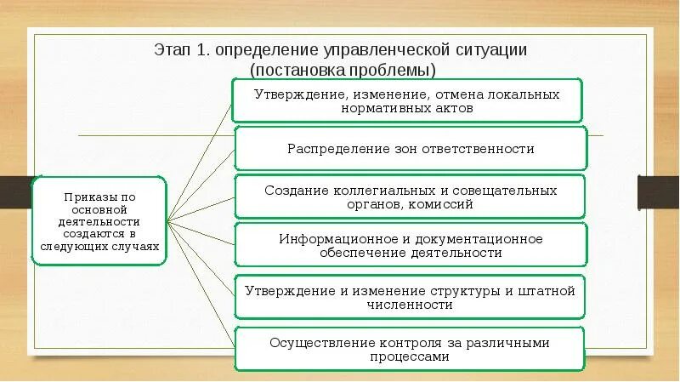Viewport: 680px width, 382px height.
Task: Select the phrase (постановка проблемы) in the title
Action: pyautogui.click(x=342, y=69)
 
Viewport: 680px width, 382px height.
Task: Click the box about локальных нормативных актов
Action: pyautogui.click(x=407, y=101)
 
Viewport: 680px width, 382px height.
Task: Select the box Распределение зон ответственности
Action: pyautogui.click(x=410, y=149)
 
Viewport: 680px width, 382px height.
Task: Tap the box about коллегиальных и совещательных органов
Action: pyautogui.click(x=410, y=197)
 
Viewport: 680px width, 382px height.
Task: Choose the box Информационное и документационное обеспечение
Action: pyautogui.click(x=410, y=245)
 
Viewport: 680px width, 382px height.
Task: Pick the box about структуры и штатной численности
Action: pyautogui.click(x=410, y=297)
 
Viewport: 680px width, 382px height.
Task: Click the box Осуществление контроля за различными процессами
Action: pyautogui.click(x=410, y=350)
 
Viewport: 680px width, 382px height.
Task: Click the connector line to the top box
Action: pyautogui.click(x=202, y=157)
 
